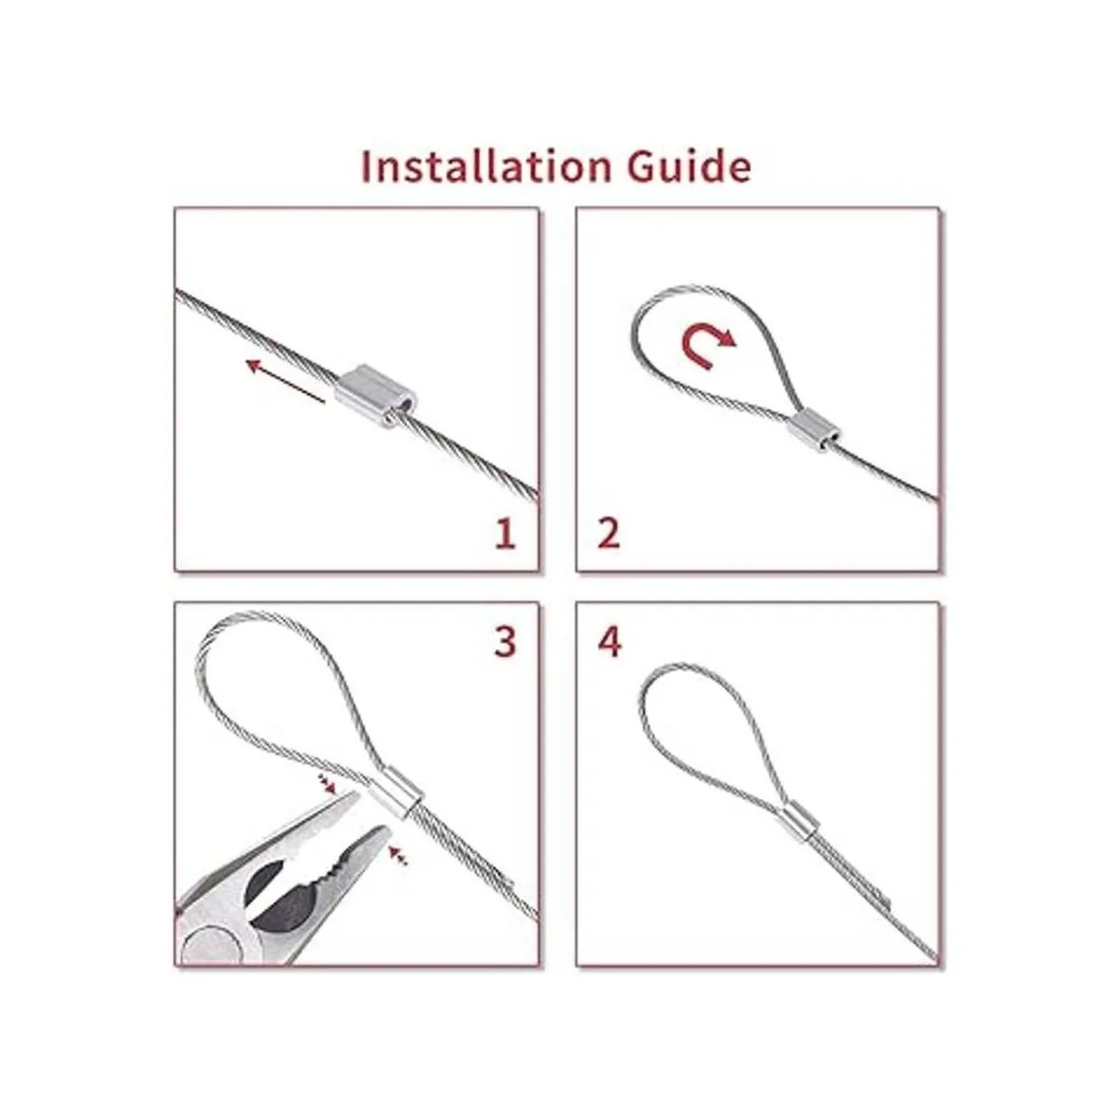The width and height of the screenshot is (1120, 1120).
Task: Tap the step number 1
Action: (x=505, y=535)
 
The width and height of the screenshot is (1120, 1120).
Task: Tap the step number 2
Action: (x=609, y=535)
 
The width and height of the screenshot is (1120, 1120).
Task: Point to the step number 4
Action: (x=609, y=643)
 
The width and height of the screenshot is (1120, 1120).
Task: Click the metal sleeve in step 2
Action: (x=814, y=432)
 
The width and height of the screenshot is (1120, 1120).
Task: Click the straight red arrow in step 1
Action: (x=286, y=382)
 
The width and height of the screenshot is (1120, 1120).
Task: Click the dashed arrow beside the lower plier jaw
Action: (x=399, y=872)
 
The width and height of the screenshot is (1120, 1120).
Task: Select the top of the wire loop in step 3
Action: (x=256, y=614)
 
